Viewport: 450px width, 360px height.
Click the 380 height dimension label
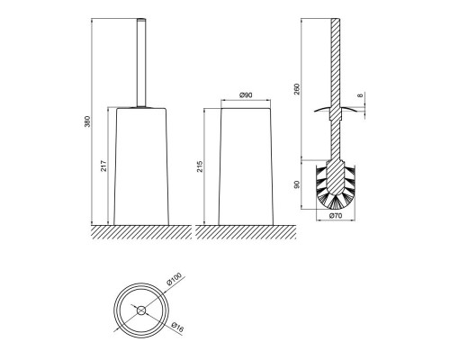coord(87,121)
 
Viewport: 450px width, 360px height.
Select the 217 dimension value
coord(103,166)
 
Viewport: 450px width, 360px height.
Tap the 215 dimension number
coord(200,166)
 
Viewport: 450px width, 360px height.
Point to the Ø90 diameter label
coord(246,95)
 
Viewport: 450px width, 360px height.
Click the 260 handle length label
coord(297,89)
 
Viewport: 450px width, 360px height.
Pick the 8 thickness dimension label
coord(361,95)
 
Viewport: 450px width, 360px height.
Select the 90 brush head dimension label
coord(297,184)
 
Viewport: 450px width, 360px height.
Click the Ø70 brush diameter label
coord(336,215)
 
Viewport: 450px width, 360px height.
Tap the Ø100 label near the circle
coord(175,279)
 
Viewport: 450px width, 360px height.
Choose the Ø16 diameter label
coord(177,327)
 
